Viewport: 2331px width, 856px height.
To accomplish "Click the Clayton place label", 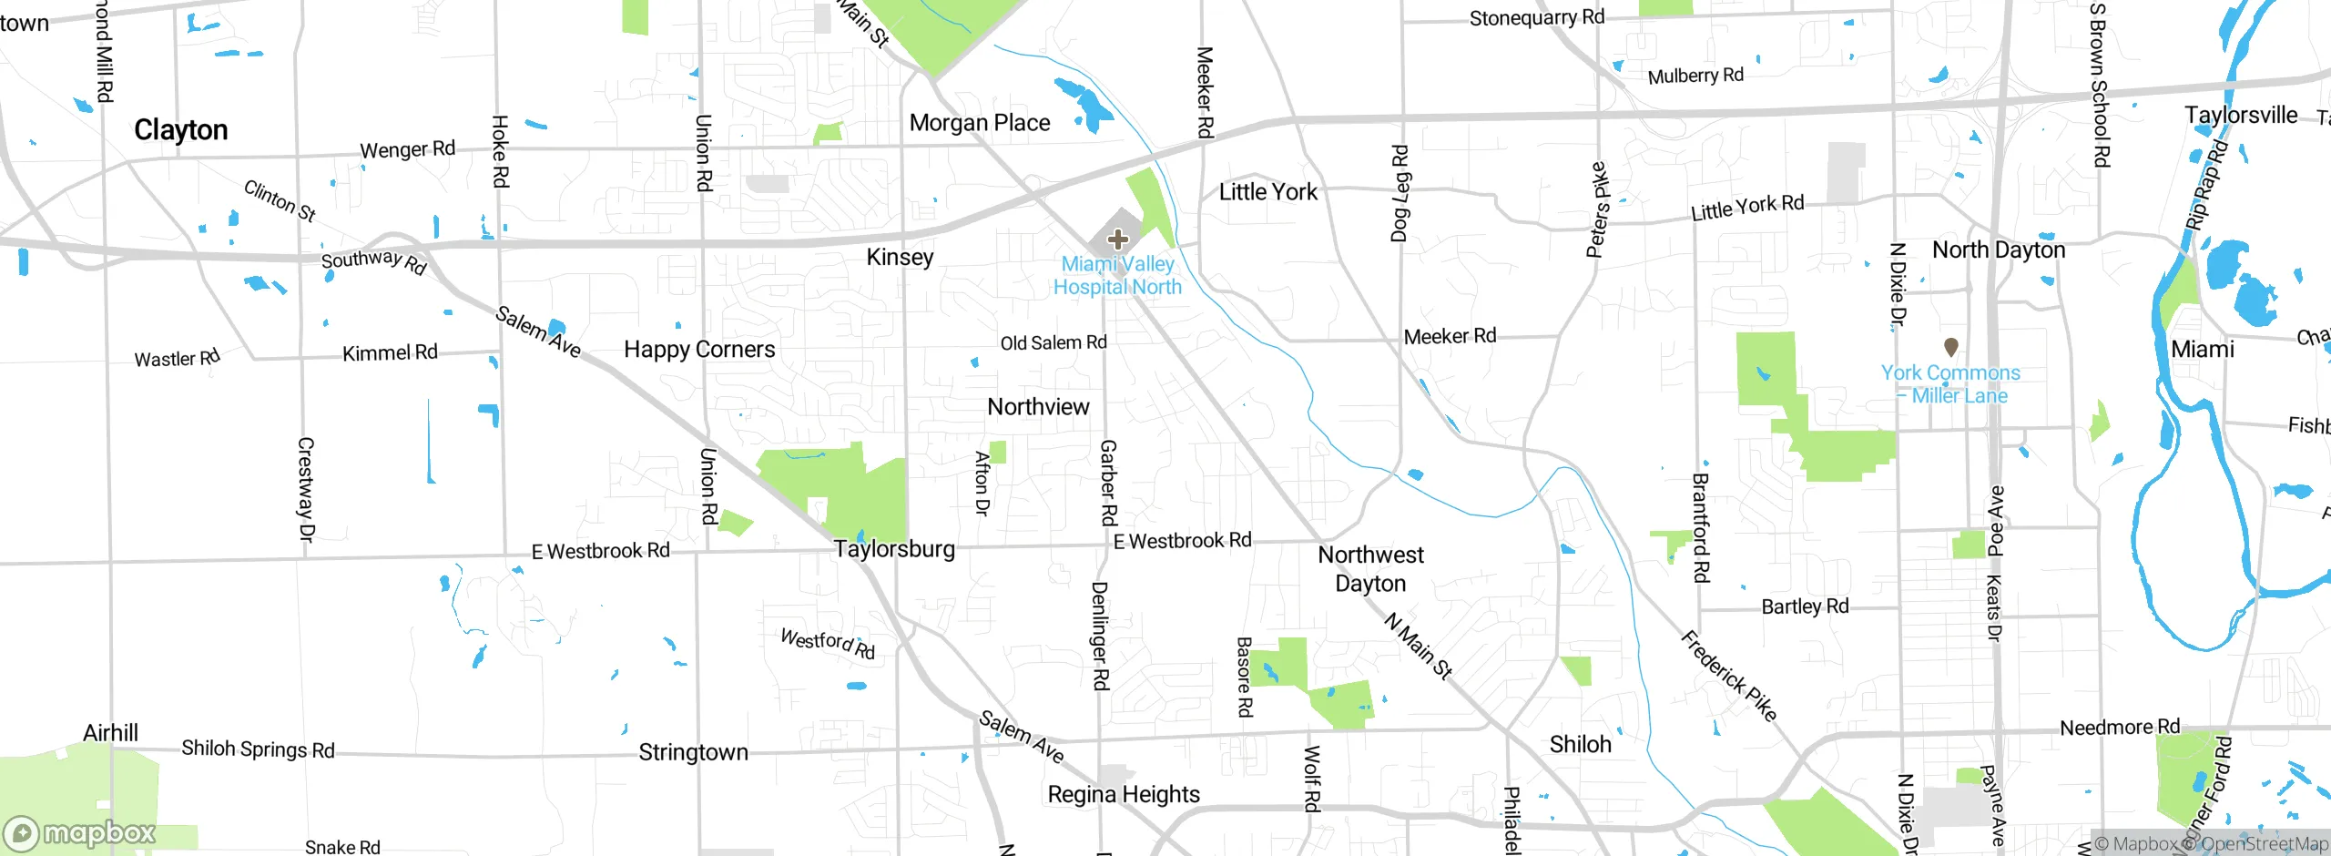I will (180, 130).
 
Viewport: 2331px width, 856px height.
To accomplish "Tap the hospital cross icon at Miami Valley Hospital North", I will (1118, 240).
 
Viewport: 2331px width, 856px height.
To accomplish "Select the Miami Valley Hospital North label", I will (1117, 275).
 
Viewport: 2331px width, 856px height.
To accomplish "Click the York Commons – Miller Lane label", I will (1950, 384).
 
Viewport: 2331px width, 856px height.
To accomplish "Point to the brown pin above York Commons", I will (1950, 347).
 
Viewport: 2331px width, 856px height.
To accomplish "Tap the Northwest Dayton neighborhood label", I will (1370, 569).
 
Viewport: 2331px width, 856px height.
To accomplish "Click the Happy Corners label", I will (699, 350).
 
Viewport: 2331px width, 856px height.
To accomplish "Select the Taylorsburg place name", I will (894, 549).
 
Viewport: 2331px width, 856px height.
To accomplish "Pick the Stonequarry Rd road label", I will (1536, 18).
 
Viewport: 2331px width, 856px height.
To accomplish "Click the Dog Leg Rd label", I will (1400, 193).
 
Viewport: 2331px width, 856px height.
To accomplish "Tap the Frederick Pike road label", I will (1727, 676).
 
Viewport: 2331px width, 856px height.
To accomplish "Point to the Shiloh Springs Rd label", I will (258, 749).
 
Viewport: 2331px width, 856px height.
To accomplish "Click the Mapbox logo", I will (80, 833).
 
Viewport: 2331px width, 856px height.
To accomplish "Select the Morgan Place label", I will (980, 123).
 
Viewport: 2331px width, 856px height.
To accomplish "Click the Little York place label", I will (1267, 192).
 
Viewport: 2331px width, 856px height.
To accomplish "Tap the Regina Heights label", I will (1124, 795).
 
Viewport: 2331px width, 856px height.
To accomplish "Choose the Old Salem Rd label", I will (1054, 343).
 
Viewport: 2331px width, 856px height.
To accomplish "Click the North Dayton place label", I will (1999, 250).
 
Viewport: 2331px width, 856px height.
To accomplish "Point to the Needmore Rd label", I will (2120, 728).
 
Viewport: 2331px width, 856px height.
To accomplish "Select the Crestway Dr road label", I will (306, 490).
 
